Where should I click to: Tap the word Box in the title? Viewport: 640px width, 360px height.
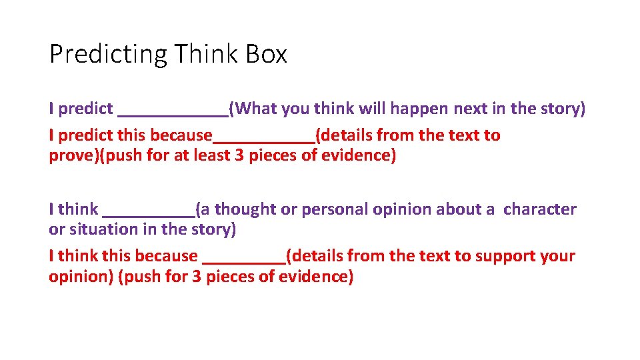266,54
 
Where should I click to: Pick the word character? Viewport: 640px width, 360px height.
540,209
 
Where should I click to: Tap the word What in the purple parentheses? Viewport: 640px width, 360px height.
255,109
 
